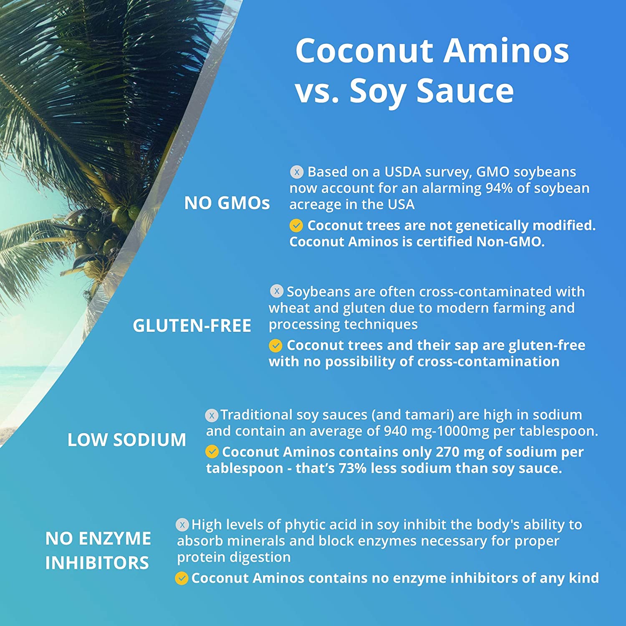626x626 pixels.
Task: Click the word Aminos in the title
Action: click(506, 50)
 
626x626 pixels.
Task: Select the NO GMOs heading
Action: click(227, 203)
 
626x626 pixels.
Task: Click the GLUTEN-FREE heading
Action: click(192, 326)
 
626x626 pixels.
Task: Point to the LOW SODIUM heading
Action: click(127, 440)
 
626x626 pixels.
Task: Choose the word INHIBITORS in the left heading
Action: click(97, 563)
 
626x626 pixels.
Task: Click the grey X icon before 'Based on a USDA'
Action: click(297, 172)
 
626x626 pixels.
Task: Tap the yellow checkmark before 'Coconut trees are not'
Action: click(296, 226)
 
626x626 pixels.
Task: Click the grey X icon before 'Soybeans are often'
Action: click(276, 291)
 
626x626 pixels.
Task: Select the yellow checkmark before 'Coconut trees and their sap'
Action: click(275, 346)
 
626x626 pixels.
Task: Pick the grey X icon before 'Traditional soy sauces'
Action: click(212, 415)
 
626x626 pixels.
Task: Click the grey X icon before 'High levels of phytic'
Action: click(182, 525)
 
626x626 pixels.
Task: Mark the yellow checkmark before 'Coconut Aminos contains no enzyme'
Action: click(182, 578)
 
